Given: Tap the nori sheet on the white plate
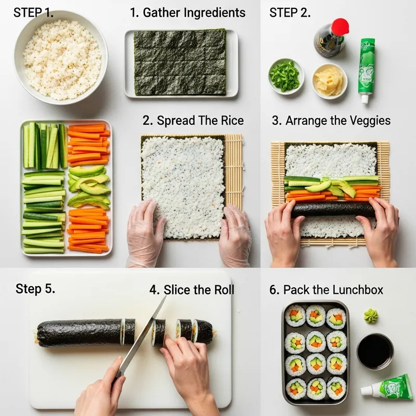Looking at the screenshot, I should click(180, 62).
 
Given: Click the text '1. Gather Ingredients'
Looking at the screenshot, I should click(187, 12).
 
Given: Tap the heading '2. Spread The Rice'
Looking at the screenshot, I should click(193, 121).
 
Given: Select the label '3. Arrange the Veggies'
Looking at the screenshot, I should click(331, 121).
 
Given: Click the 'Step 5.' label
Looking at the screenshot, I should click(35, 289).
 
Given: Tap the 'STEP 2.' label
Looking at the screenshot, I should click(290, 13).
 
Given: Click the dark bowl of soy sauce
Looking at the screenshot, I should click(375, 351).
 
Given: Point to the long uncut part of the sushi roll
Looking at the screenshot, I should click(78, 333).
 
